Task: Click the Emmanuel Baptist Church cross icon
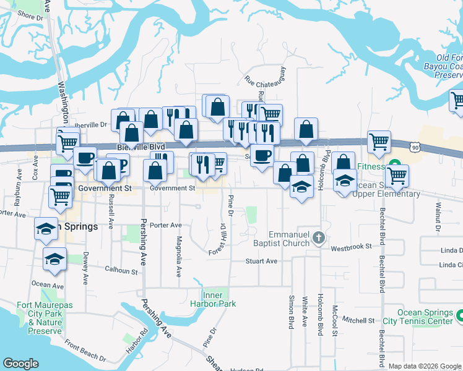tap(318, 237)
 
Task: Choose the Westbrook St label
tap(350, 246)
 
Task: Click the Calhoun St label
tap(121, 270)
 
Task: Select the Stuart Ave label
tap(261, 261)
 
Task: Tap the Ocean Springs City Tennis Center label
tap(425, 317)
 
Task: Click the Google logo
tap(20, 364)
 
